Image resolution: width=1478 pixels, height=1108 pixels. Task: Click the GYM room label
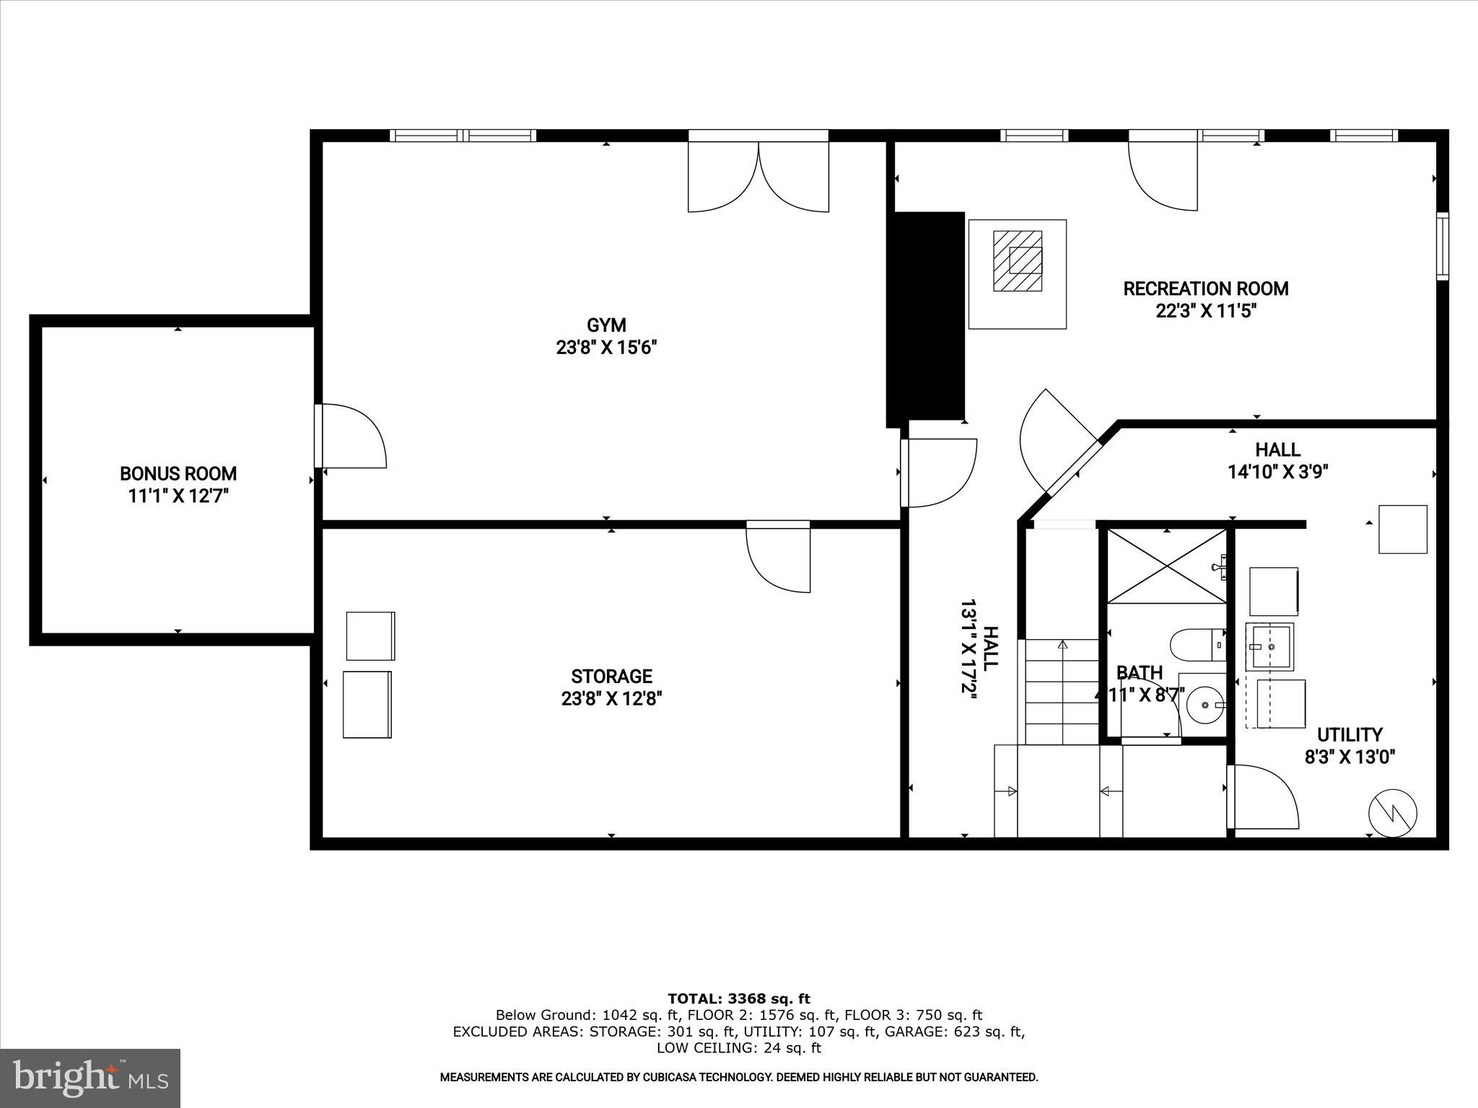(x=606, y=325)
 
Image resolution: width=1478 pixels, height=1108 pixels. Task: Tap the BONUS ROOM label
(x=178, y=474)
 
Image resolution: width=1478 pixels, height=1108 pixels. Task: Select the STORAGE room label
(x=611, y=677)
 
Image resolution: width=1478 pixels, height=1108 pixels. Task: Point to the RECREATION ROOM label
(x=1205, y=289)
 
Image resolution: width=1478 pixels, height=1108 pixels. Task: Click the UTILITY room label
(x=1350, y=735)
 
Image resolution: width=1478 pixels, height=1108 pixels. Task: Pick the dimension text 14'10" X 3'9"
(x=1278, y=472)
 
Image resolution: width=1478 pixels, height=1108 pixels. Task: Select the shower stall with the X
(x=1166, y=566)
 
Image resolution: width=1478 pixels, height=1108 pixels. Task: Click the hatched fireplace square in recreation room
(x=1018, y=260)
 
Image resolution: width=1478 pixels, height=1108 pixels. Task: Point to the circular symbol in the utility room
(x=1393, y=813)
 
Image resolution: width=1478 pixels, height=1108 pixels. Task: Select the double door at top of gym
(x=758, y=177)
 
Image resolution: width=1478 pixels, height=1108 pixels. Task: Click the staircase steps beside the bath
(x=1062, y=692)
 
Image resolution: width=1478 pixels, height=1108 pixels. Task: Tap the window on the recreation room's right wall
(x=1442, y=247)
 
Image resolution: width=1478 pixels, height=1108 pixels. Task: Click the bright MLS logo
(x=90, y=1079)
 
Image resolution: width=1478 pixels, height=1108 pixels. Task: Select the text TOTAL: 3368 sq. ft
(x=738, y=999)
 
